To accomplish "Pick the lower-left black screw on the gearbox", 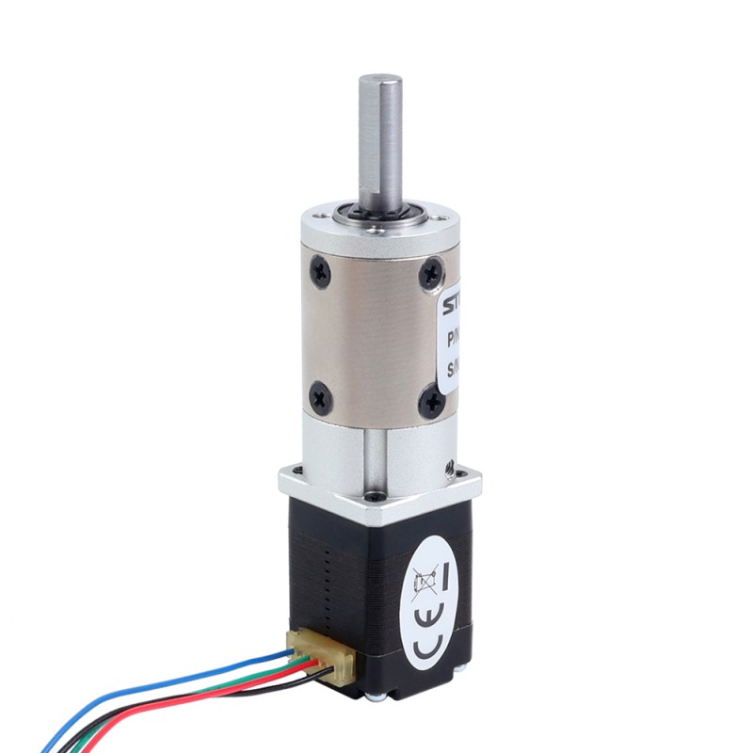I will pyautogui.click(x=320, y=395).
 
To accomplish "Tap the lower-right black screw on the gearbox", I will pyautogui.click(x=433, y=403).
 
